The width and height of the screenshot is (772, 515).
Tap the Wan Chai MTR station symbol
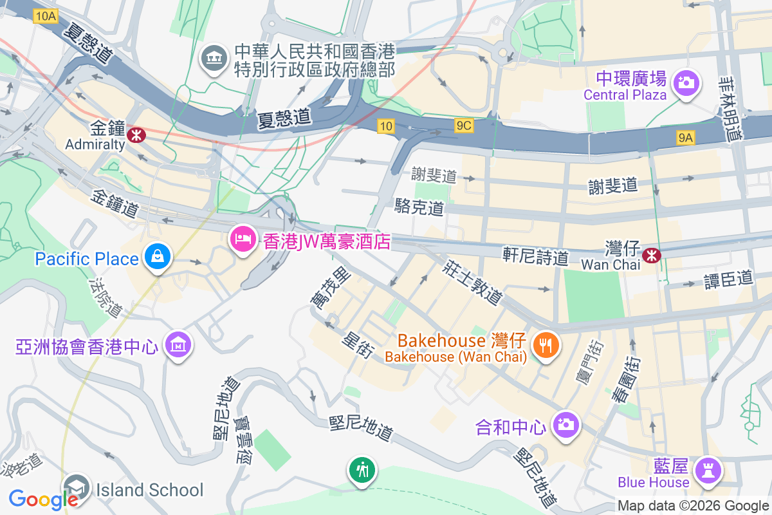tap(652, 255)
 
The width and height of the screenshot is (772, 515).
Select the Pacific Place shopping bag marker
tap(156, 257)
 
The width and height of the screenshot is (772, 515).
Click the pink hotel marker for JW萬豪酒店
tap(243, 240)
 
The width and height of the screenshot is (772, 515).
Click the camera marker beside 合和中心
tap(567, 425)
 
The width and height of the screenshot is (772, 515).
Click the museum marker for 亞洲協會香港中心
tap(178, 345)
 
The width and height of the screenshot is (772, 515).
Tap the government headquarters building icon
tap(214, 59)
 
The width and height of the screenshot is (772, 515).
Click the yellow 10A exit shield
tap(46, 17)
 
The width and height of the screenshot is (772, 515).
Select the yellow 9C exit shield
tap(463, 126)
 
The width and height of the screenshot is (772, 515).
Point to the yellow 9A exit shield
tap(686, 136)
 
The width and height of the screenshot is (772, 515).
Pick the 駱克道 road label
tap(419, 207)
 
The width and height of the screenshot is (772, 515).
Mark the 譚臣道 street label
tap(729, 279)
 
